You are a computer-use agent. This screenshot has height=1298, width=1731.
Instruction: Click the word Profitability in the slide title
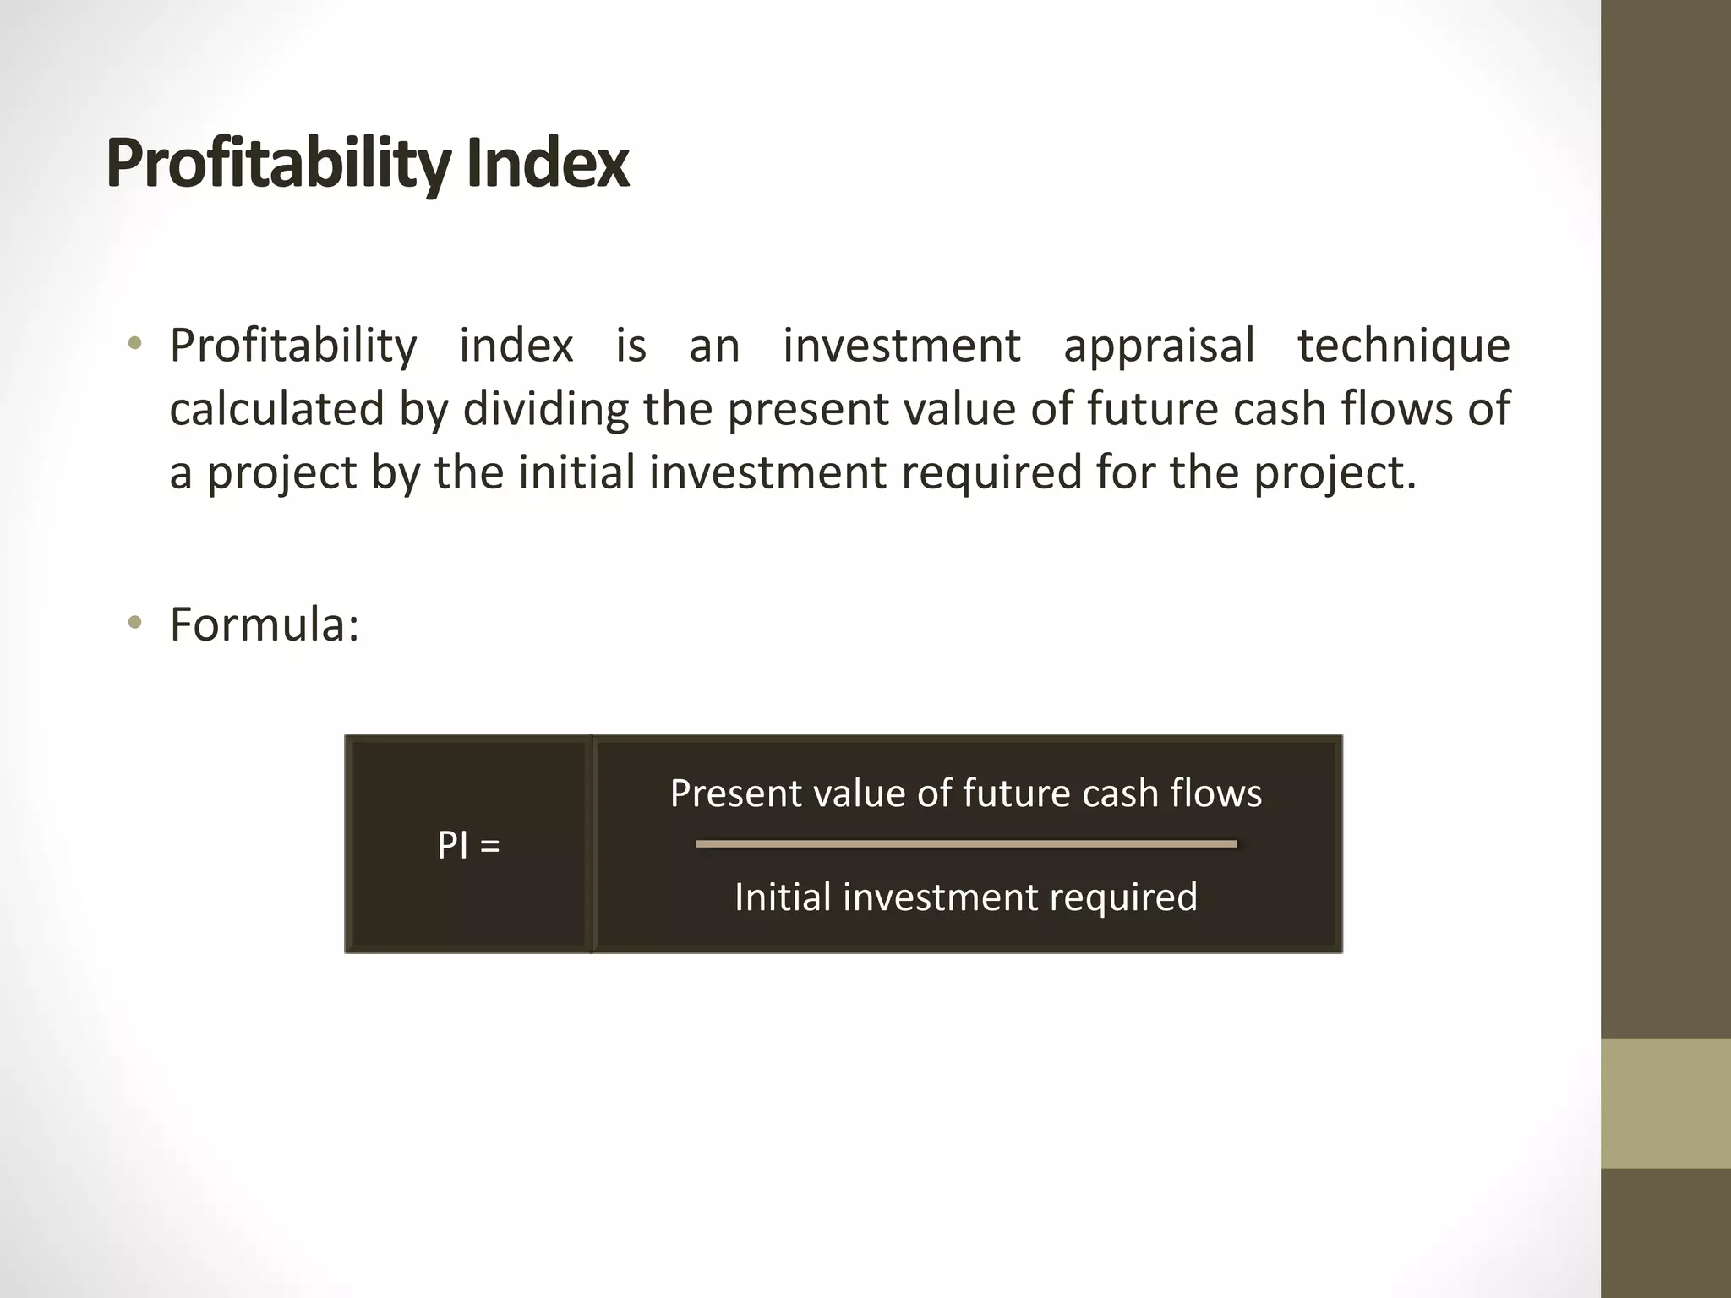(277, 165)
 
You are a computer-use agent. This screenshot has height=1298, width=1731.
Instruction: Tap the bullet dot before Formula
(134, 624)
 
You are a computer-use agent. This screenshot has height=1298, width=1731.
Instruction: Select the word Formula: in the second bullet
(265, 624)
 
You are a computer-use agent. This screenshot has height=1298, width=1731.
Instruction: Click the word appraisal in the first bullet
(1159, 346)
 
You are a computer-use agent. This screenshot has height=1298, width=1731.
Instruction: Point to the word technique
(1404, 346)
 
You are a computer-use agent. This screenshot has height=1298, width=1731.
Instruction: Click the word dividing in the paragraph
(545, 409)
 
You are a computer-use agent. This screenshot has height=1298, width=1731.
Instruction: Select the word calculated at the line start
(276, 409)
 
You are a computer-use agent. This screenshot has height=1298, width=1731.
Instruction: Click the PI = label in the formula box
(468, 844)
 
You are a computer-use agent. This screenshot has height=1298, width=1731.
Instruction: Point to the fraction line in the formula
(966, 843)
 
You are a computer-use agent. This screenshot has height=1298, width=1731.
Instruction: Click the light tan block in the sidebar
(1665, 1103)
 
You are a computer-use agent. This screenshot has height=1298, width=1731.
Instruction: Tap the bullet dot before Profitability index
(134, 344)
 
